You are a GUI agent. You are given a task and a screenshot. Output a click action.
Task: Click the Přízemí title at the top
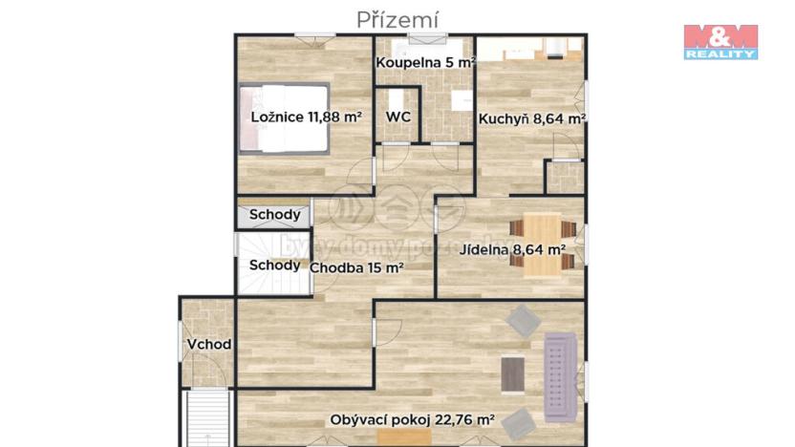[397, 19]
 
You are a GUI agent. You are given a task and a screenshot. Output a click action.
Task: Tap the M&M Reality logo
[720, 41]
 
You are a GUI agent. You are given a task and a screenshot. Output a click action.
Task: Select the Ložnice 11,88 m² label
[306, 117]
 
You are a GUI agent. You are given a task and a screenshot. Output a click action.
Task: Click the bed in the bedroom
[284, 117]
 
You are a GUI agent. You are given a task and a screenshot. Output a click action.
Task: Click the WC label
[397, 117]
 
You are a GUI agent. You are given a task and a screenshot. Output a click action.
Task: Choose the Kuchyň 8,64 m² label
[532, 119]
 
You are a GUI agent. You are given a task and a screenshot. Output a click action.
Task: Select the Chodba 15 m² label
[356, 267]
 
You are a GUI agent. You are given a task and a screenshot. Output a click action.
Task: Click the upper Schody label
[274, 215]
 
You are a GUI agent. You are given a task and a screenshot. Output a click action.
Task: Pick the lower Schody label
[274, 266]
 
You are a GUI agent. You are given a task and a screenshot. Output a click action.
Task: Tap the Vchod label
[208, 344]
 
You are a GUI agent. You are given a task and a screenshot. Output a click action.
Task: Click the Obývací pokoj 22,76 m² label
[412, 419]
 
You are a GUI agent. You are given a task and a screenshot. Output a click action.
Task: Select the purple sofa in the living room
[559, 377]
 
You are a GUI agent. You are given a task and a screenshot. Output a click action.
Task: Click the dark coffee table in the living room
[513, 373]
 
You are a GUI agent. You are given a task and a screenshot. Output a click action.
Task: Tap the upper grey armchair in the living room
[523, 321]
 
